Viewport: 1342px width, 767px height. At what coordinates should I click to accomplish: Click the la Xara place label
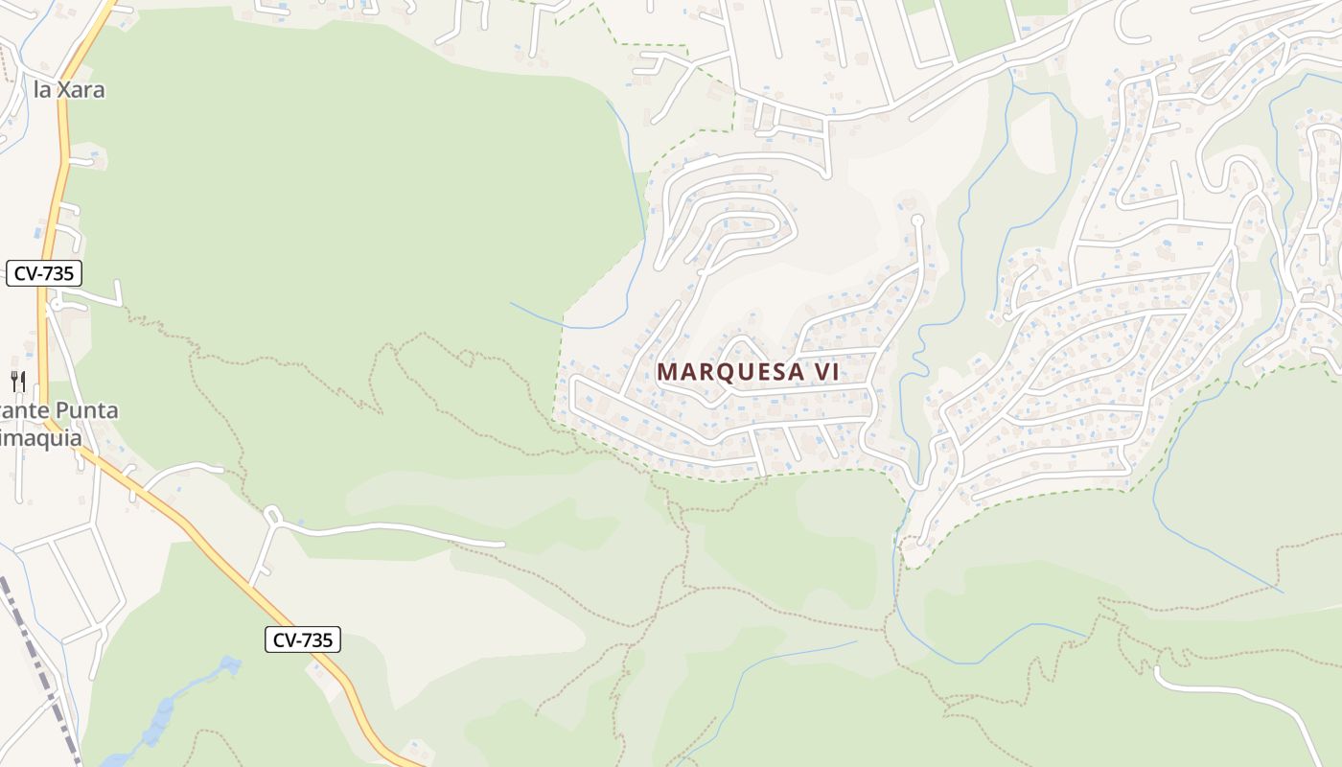[68, 90]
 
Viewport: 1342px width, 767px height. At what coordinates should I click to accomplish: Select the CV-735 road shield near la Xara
[44, 273]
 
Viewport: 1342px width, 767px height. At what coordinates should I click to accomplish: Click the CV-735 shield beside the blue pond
[303, 639]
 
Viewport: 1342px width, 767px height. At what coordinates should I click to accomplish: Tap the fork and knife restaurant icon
[18, 381]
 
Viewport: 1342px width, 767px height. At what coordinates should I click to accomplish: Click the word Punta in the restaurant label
[85, 410]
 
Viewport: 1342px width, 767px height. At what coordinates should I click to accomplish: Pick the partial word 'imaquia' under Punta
[40, 437]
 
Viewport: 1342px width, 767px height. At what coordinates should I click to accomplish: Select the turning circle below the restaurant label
[271, 515]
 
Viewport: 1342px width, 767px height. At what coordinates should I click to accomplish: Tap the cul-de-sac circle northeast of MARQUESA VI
[916, 221]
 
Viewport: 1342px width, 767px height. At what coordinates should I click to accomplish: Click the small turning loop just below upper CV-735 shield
[57, 305]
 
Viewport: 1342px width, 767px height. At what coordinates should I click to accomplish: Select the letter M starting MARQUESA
[666, 372]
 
